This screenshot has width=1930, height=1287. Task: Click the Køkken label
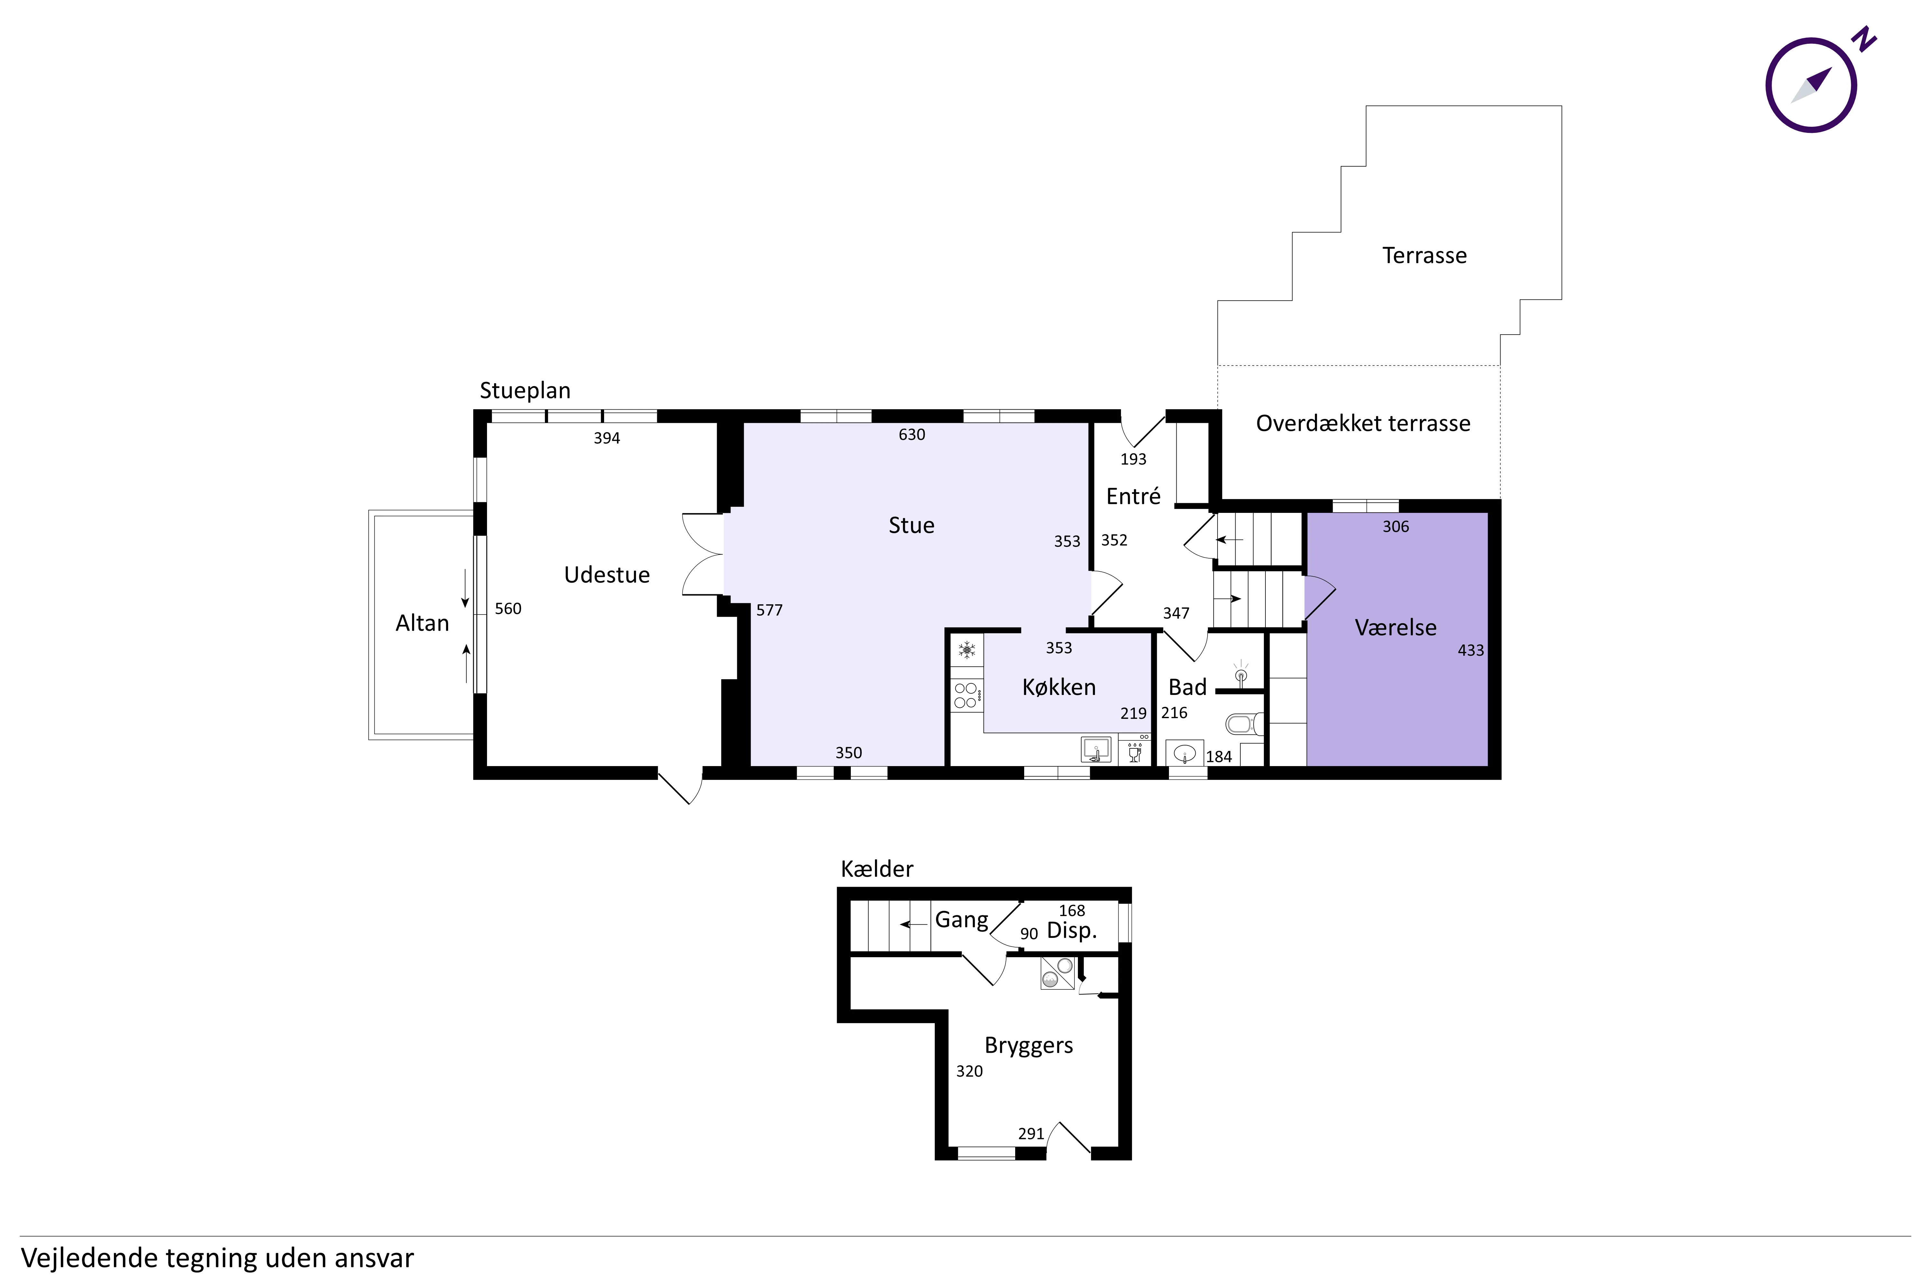click(1059, 687)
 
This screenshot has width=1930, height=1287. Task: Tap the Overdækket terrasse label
click(1363, 423)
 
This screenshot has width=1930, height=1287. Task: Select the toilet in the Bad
click(1244, 724)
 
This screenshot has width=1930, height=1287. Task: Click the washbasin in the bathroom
click(1184, 753)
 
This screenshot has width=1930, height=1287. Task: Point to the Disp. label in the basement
click(1072, 931)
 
